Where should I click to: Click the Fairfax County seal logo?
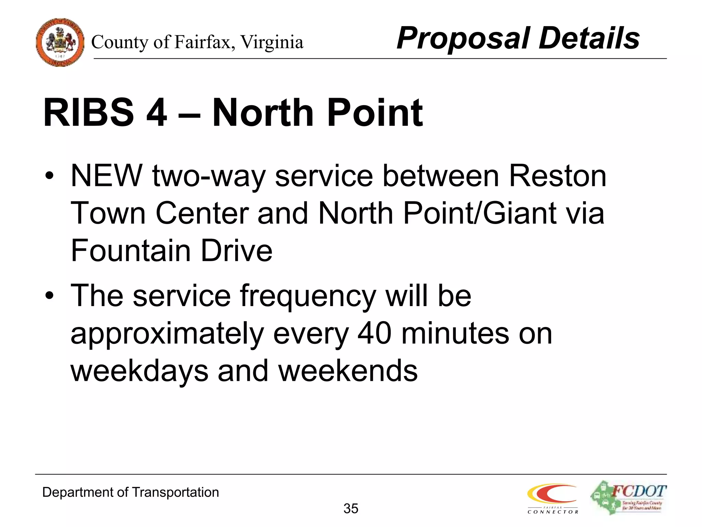point(60,42)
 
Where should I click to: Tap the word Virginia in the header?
point(271,43)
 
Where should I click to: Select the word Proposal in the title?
point(463,38)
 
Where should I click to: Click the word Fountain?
point(130,251)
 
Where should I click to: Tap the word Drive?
point(237,251)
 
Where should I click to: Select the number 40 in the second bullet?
point(374,333)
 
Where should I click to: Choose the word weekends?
point(348,371)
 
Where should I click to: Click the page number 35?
point(351,508)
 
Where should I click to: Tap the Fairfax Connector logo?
point(553,499)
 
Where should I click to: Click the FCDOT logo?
point(629,497)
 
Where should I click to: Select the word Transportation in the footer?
point(175,492)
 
